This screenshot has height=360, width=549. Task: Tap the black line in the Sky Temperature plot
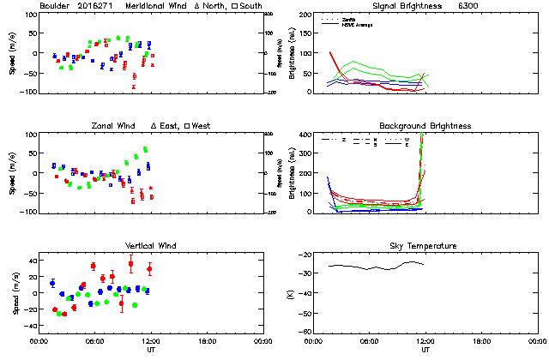point(377,267)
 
